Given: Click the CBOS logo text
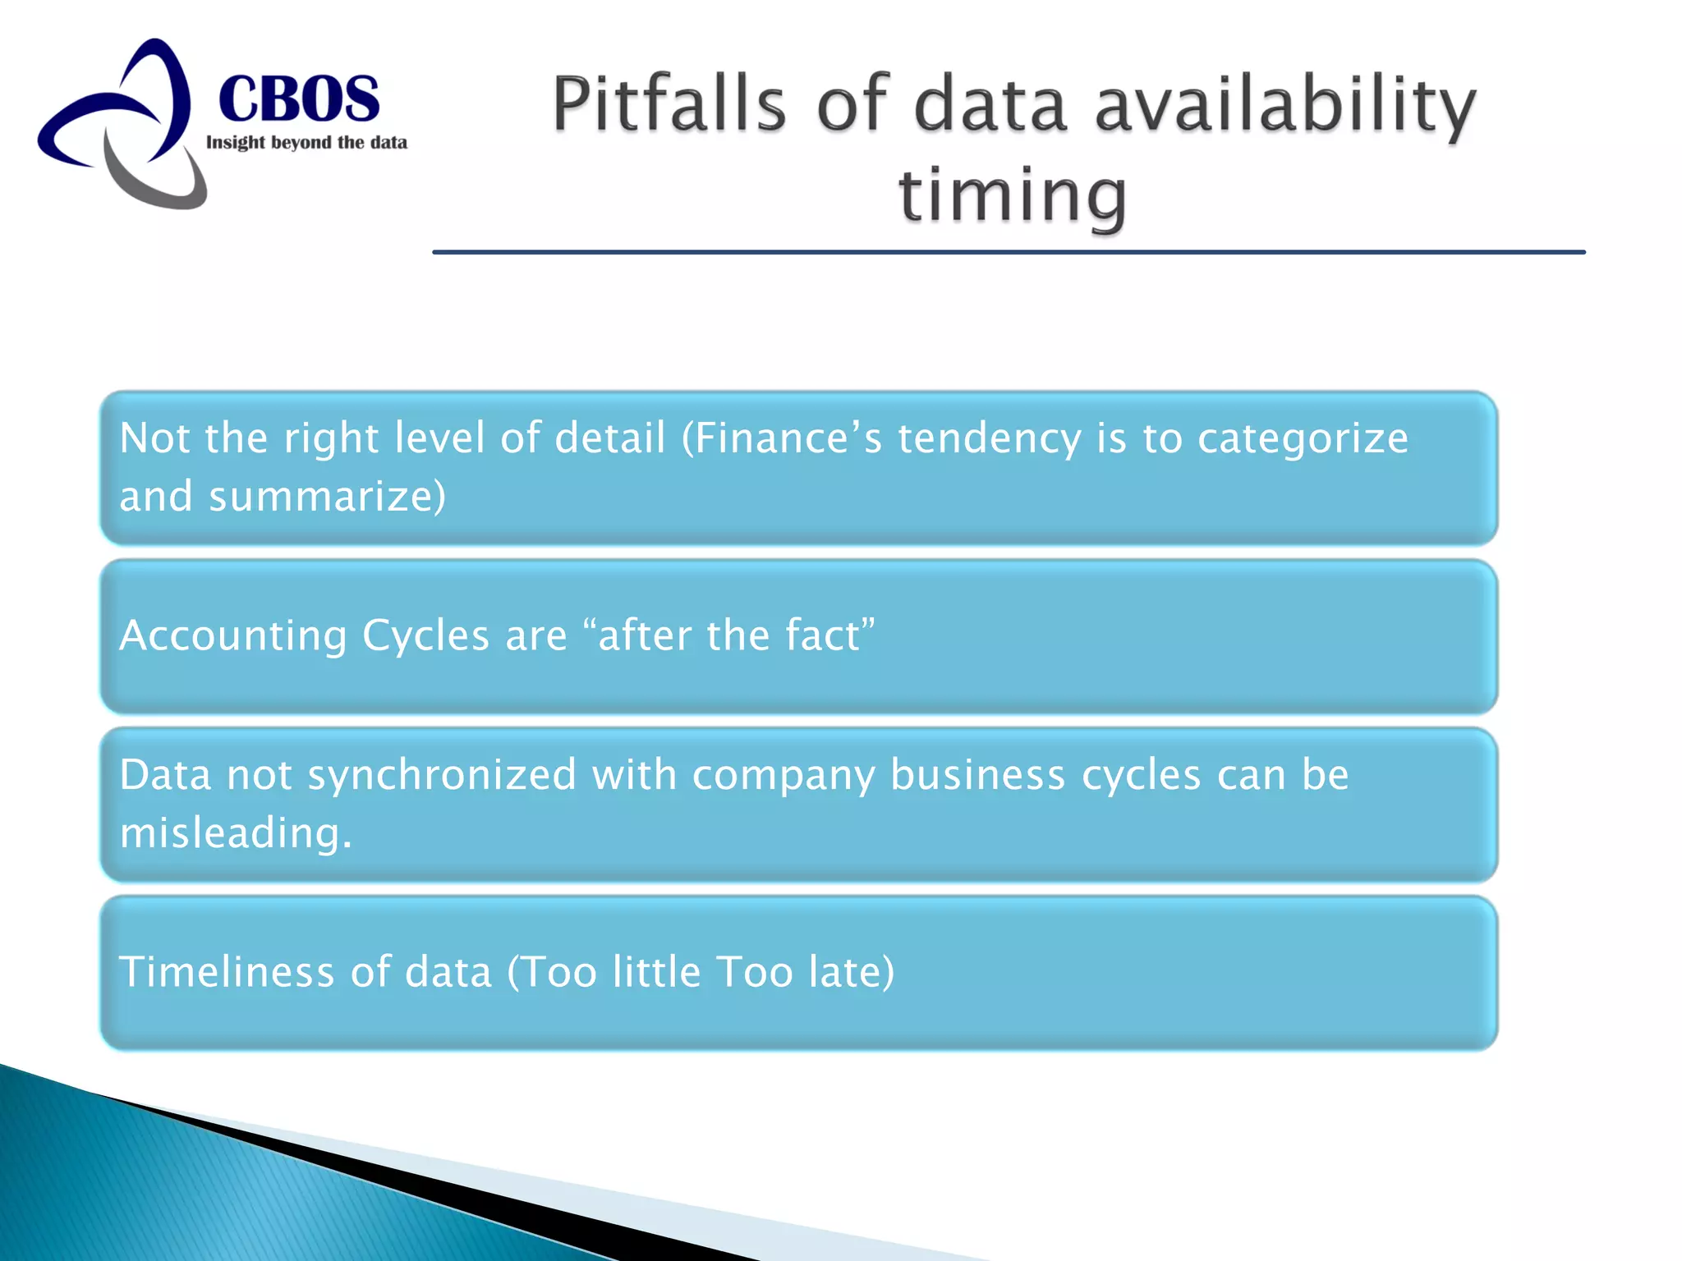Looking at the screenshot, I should point(299,99).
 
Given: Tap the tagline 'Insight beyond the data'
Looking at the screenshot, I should point(306,143).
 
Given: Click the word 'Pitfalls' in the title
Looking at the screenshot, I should point(669,105).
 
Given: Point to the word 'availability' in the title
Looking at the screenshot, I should point(1285,105).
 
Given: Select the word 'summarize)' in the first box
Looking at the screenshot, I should point(327,497).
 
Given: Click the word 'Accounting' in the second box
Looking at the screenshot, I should point(233,636).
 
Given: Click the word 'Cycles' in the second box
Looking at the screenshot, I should point(425,636).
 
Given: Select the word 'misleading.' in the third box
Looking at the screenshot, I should point(236,833).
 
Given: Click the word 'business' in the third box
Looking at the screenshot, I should point(977,775).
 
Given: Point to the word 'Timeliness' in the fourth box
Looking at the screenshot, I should point(227,972).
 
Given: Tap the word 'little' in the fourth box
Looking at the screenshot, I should point(656,972).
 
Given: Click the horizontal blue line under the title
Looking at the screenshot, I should point(1009,252).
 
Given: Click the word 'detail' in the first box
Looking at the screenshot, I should point(609,438).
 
